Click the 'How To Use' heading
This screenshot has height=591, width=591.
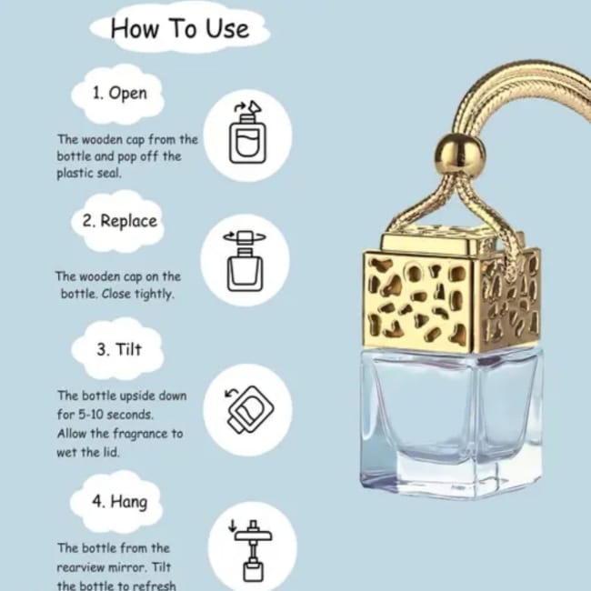[180, 29]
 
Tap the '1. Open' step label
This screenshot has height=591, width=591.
[120, 93]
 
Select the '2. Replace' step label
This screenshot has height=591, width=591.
[120, 221]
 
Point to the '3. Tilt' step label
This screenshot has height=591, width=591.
[119, 349]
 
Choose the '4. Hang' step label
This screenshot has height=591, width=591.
[120, 502]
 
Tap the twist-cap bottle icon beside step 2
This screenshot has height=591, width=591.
[245, 261]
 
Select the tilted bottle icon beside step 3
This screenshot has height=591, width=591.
[249, 409]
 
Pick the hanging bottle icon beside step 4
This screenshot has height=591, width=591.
[252, 551]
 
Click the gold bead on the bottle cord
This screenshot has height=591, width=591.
[459, 154]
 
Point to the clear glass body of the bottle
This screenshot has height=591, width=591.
[452, 423]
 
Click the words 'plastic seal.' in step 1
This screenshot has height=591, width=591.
[89, 174]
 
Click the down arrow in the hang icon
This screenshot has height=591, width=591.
[233, 526]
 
